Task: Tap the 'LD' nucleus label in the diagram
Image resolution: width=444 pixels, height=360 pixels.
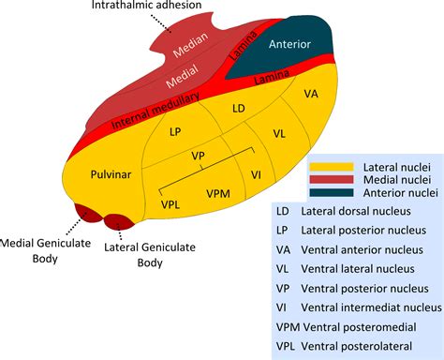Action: pos(238,111)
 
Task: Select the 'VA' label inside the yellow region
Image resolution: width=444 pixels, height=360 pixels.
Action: pos(311,95)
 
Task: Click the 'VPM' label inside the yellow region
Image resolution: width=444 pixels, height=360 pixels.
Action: pos(218,192)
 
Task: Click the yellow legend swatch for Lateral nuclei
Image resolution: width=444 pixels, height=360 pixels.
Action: pos(330,166)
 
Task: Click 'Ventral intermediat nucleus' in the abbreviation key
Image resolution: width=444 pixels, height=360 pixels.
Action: pos(371,307)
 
